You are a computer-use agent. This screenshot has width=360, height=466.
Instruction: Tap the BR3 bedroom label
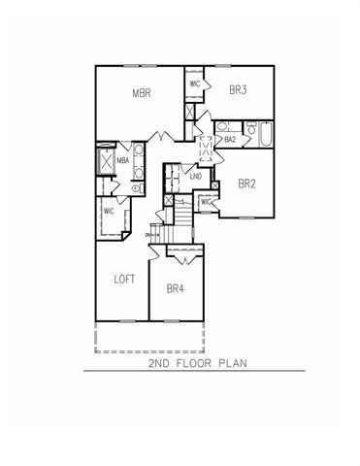tap(239, 89)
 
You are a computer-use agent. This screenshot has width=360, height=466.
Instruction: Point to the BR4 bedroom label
tap(176, 287)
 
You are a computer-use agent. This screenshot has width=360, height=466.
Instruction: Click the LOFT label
tap(123, 279)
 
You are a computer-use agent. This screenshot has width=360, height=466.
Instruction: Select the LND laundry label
tap(195, 176)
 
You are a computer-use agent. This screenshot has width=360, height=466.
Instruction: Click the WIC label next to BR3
tap(195, 83)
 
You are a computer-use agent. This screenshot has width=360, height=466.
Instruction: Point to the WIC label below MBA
tap(109, 210)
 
